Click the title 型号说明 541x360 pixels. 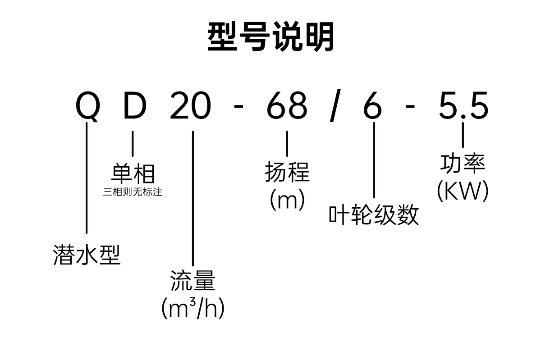tap(271, 37)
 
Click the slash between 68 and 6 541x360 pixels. tap(334, 107)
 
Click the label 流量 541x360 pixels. tap(193, 280)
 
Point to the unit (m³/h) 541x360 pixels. tap(193, 308)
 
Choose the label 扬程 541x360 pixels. tap(287, 173)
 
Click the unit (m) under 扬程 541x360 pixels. tap(287, 200)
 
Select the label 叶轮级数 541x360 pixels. tap(374, 215)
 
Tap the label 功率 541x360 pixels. tap(463, 164)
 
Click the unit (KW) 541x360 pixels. tap(463, 191)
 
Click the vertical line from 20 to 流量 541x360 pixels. tap(193, 198)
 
